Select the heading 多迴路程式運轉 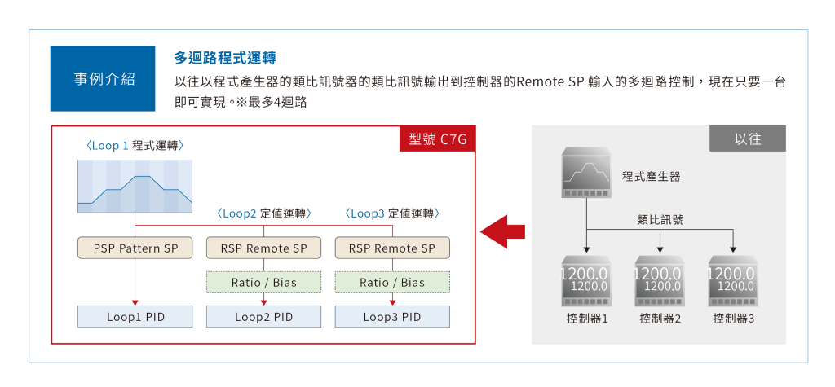coord(225,59)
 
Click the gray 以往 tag coord(747,139)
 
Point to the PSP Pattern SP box coord(135,248)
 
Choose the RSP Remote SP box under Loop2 coord(264,248)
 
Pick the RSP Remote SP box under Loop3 coord(392,248)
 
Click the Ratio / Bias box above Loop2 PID coord(264,283)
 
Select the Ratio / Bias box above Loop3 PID coord(392,283)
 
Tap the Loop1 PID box coord(135,317)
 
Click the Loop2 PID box coord(264,317)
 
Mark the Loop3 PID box coord(392,317)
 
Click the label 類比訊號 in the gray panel coord(660,219)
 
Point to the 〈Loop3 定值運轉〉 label coord(392,213)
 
